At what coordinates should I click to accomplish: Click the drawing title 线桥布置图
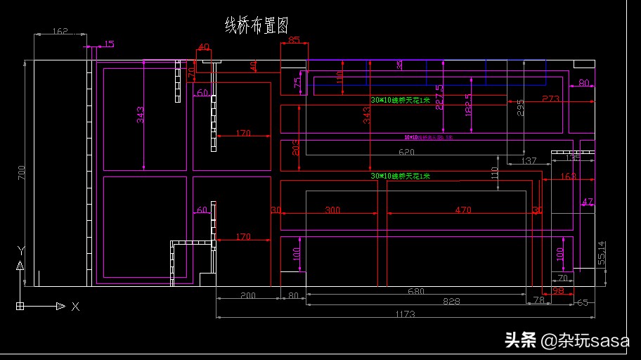click(x=256, y=26)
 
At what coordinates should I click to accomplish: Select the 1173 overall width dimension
click(x=405, y=313)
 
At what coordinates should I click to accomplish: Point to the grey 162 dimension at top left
click(x=60, y=31)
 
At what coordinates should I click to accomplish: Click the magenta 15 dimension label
click(x=108, y=44)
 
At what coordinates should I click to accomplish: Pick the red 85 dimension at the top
click(x=294, y=40)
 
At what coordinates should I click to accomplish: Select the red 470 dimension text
click(x=462, y=210)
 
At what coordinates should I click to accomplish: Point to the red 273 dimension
click(x=550, y=99)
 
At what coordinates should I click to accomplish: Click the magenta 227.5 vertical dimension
click(x=439, y=97)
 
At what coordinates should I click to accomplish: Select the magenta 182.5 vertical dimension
click(x=468, y=105)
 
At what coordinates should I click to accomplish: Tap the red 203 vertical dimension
click(x=295, y=147)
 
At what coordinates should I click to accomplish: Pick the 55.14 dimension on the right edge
click(x=601, y=254)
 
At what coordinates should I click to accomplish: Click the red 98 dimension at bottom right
click(x=558, y=290)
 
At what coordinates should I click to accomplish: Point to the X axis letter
click(x=75, y=307)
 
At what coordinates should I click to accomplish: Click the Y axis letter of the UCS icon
click(x=21, y=250)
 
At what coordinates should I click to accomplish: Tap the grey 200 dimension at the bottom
click(x=247, y=296)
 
